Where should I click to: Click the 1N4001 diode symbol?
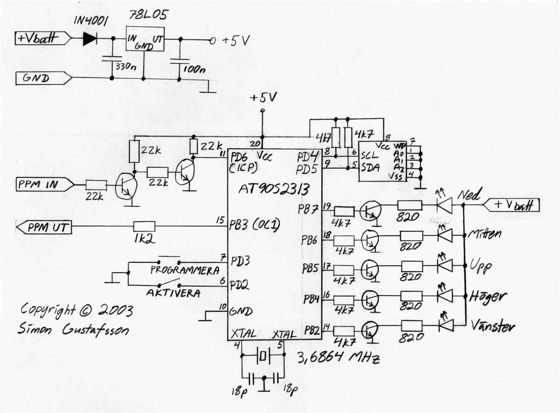tap(90, 39)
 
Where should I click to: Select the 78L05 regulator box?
tap(145, 39)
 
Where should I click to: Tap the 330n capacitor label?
tap(126, 67)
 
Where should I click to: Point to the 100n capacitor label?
tap(194, 69)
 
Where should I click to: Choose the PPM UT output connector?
tap(44, 227)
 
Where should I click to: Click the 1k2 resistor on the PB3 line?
tap(144, 226)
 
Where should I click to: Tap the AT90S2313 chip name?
tap(273, 189)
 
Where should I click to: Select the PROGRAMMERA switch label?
tap(185, 270)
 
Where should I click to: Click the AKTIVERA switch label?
tap(173, 293)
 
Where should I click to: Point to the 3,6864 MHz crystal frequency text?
tap(338, 357)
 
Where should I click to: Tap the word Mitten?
tap(485, 234)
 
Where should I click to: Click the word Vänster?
tap(493, 326)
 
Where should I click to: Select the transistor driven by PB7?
tap(369, 211)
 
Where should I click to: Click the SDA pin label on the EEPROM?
tap(370, 168)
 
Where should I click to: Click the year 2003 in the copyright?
tap(115, 310)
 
